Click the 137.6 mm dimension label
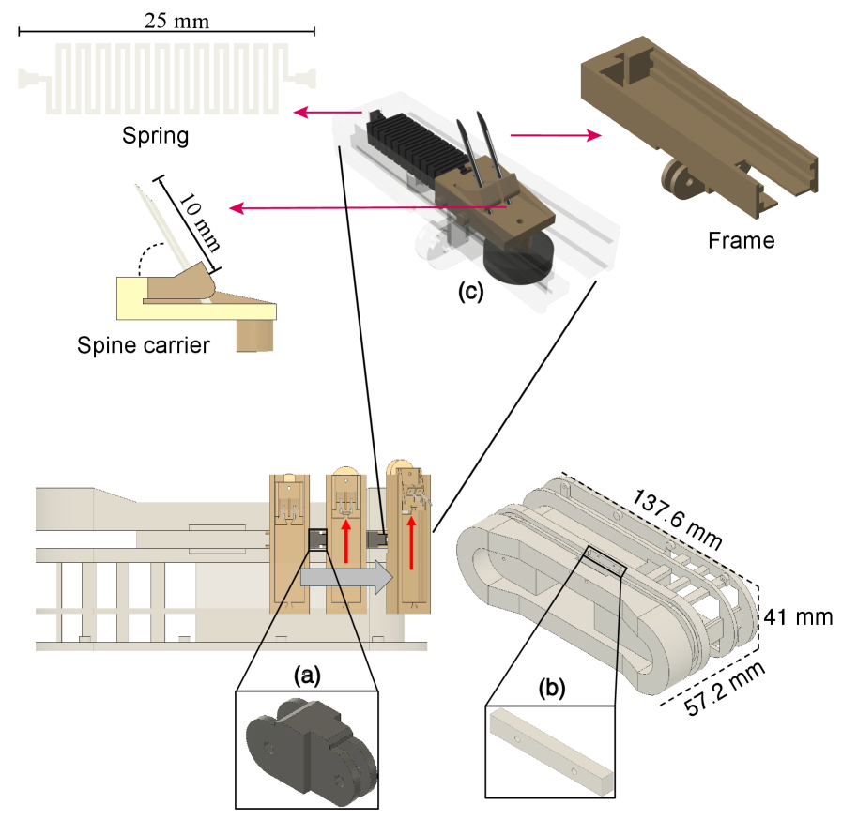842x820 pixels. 678,519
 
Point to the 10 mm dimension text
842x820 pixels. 199,226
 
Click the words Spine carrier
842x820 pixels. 144,345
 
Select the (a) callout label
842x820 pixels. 307,675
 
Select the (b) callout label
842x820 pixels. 551,688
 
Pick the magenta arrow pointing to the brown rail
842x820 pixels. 554,136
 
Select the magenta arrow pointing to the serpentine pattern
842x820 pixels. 326,113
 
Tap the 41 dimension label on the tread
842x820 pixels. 777,617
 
